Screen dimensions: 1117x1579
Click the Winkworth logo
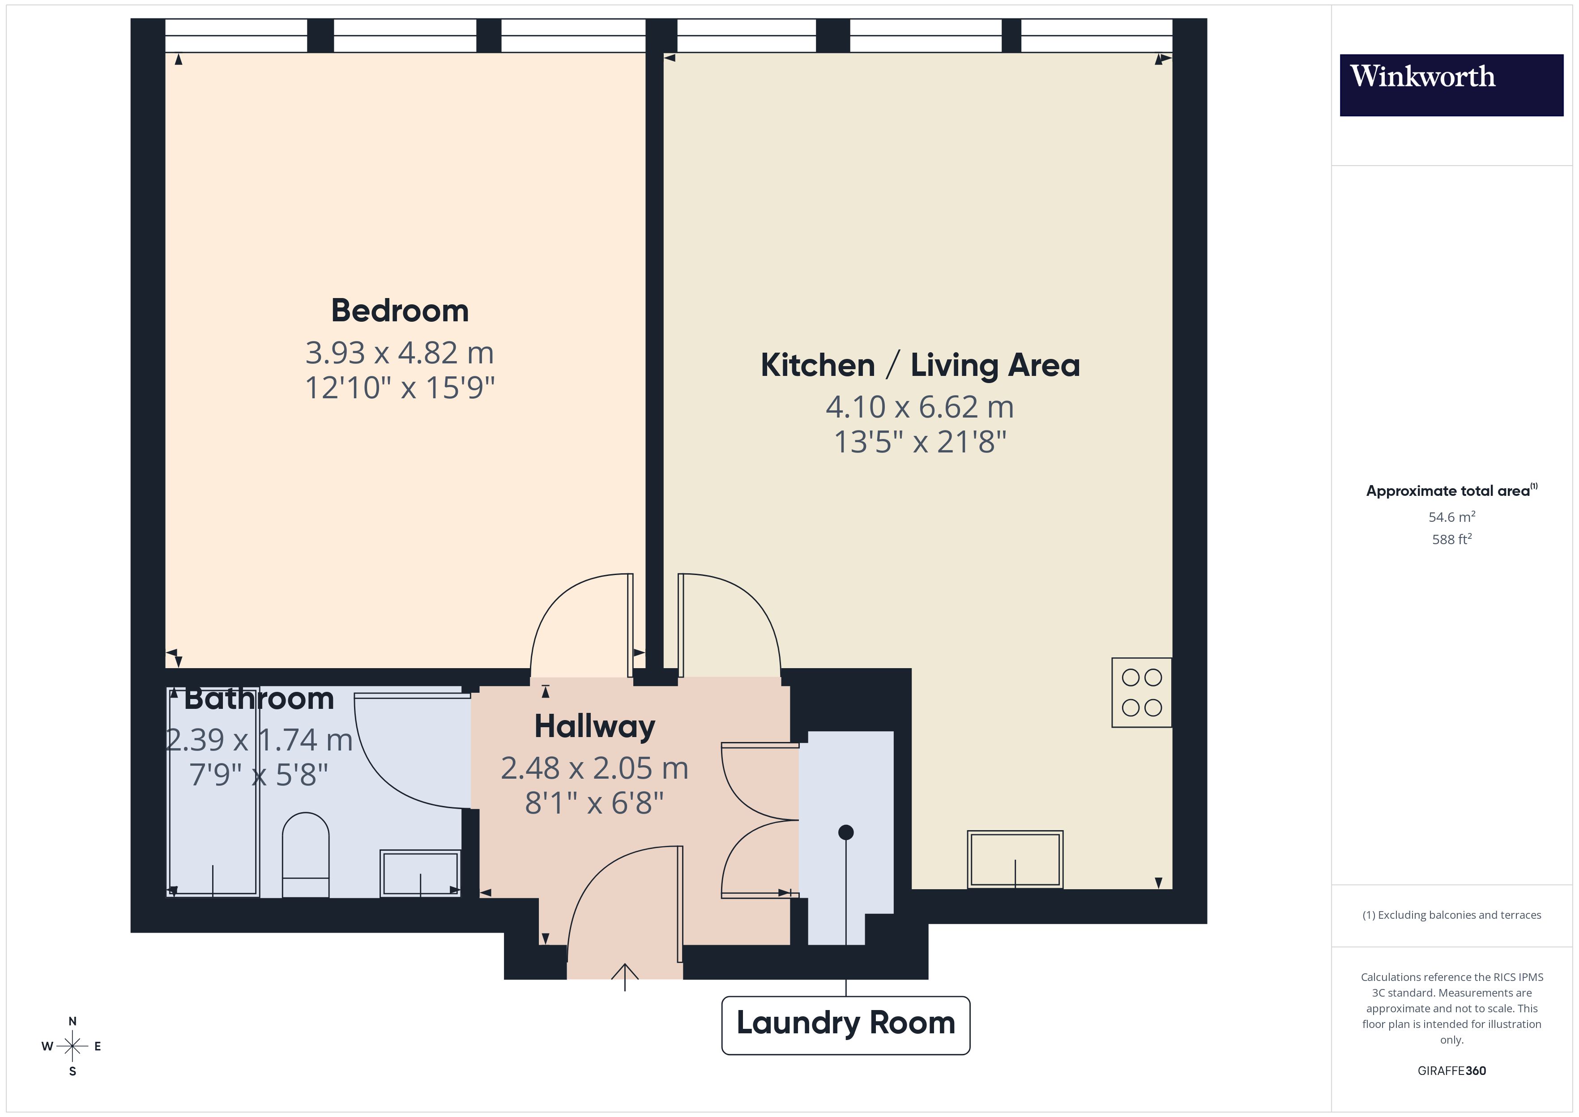coord(1451,85)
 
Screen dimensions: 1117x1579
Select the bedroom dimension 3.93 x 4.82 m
coord(400,353)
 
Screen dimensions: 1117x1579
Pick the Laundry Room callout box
coord(845,1025)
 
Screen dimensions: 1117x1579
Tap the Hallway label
coord(594,726)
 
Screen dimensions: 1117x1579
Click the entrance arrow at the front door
coord(624,975)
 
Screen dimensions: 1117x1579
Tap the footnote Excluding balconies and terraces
coord(1451,915)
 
